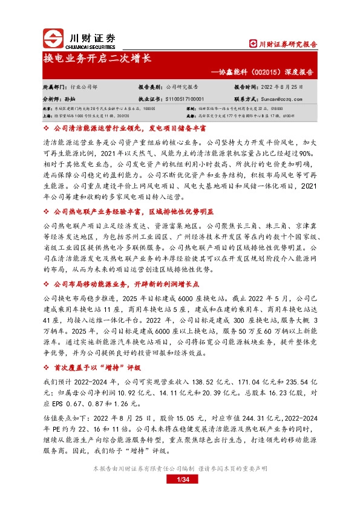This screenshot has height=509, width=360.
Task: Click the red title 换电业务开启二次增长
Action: (97, 59)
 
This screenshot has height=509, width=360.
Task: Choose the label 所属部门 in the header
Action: (55, 87)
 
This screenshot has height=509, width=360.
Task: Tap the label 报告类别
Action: (151, 87)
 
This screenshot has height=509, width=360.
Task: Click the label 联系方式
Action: (246, 98)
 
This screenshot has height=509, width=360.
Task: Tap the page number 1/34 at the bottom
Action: (180, 479)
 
